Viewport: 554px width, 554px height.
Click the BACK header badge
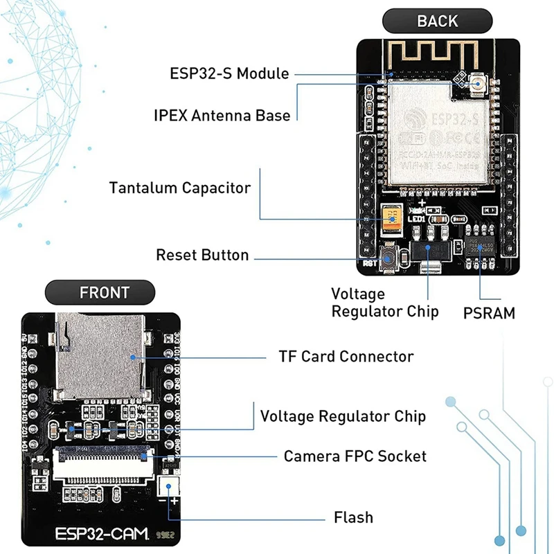437,21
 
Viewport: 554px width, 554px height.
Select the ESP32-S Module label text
229,73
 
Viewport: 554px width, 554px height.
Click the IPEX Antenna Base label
222,115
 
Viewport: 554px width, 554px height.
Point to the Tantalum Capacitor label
180,188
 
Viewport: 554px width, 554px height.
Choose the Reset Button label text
202,255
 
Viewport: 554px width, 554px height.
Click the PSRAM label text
489,313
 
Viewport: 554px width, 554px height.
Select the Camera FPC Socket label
355,456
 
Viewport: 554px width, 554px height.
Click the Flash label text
353,517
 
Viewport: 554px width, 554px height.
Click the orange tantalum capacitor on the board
393,221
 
